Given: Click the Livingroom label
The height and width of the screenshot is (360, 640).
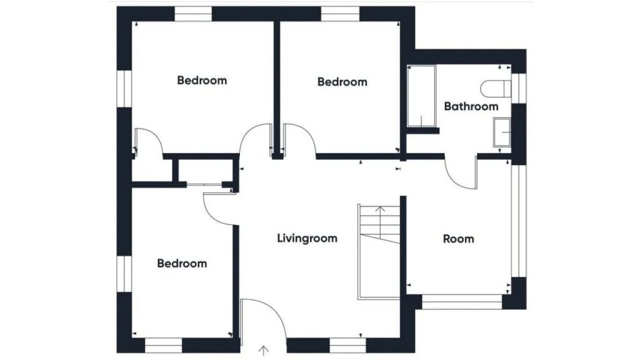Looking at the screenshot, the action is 307,238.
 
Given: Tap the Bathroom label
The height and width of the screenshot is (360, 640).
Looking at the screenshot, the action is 471,106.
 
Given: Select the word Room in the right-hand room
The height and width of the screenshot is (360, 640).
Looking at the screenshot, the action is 458,239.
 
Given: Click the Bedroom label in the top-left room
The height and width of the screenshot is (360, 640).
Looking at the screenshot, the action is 202,81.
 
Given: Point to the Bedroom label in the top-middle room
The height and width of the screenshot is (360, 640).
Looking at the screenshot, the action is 342,82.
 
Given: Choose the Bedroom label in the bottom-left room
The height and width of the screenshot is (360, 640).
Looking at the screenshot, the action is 182,263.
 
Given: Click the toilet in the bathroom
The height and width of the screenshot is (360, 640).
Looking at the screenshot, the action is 496,89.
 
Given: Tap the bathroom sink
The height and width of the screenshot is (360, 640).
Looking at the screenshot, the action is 502,132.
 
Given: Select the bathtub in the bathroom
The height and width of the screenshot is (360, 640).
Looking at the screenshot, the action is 422,96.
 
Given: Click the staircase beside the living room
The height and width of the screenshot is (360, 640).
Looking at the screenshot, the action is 379,252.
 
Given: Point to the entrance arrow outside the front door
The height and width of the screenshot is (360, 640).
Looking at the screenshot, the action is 264,351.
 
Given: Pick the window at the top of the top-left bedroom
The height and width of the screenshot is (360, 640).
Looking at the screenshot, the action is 194,14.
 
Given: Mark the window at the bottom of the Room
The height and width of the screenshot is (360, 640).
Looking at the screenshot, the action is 462,302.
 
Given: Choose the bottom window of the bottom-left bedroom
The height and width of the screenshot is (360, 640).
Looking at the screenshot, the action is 163,345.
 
